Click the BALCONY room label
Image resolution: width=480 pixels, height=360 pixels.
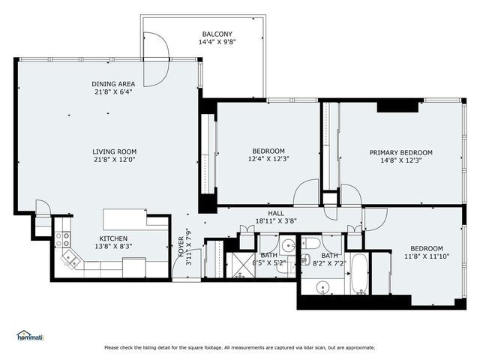tap(217, 34)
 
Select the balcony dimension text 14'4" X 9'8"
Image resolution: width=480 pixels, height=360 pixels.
tap(217, 43)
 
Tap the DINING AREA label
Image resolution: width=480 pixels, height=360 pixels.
tap(114, 84)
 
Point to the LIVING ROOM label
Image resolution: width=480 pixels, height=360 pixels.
tap(114, 151)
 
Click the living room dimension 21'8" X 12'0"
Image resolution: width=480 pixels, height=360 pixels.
tap(114, 160)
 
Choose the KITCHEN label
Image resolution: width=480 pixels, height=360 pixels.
tap(115, 237)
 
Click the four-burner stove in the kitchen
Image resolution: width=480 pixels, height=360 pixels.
tap(62, 239)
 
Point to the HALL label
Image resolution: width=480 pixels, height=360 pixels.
tap(276, 213)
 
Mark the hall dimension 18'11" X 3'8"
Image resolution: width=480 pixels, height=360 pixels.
tap(276, 221)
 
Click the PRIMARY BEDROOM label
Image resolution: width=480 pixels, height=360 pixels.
tap(400, 152)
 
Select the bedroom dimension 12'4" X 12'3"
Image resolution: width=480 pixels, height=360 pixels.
tap(268, 159)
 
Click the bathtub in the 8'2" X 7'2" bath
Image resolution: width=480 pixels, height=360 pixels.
tap(360, 274)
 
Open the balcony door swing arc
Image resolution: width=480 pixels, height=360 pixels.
tap(157, 60)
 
